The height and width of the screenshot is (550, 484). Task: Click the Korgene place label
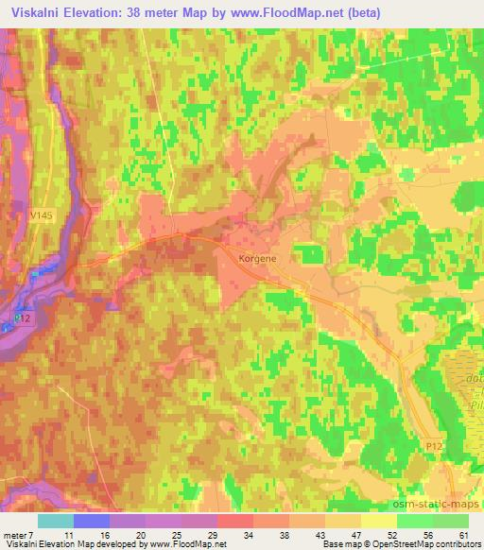[251, 256]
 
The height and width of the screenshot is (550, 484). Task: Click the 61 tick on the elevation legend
[461, 536]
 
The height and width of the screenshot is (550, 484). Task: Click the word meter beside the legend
[16, 536]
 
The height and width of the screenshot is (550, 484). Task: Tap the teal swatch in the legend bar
[55, 521]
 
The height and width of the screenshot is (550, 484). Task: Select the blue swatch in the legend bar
[91, 521]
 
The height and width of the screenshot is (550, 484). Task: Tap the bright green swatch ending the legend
[452, 521]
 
